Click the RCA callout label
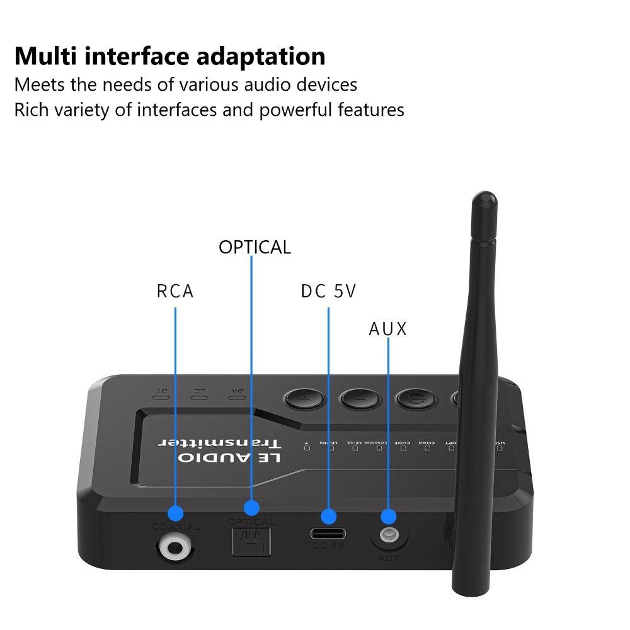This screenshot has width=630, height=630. [x=175, y=291]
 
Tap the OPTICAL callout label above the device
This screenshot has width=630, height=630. [x=255, y=247]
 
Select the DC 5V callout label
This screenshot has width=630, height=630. [x=328, y=291]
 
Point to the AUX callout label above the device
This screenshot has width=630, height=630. [x=388, y=329]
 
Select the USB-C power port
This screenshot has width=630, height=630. [x=328, y=534]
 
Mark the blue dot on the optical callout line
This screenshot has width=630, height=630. [x=251, y=508]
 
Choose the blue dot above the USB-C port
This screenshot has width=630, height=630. [x=328, y=517]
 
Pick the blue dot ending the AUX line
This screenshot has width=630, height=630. [x=389, y=517]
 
